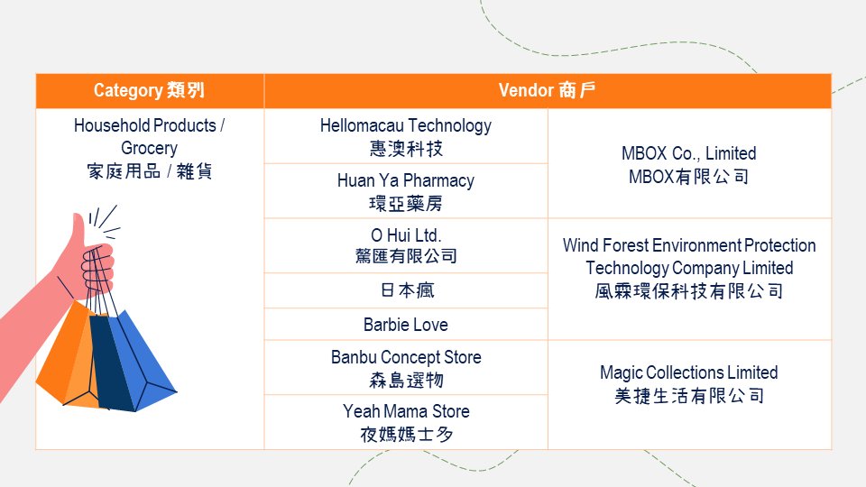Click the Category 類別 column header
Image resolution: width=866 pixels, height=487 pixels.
(x=150, y=90)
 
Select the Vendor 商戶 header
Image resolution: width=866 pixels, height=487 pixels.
(x=548, y=90)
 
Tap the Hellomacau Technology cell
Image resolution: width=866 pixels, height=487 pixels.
(x=406, y=136)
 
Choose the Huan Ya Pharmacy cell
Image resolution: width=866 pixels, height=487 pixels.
(x=406, y=191)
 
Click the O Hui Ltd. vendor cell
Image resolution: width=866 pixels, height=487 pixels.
(x=406, y=245)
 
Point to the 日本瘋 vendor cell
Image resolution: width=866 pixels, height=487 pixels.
(x=406, y=290)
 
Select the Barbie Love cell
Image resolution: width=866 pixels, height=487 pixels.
(x=406, y=324)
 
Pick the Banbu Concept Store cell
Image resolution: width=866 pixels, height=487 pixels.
(x=406, y=368)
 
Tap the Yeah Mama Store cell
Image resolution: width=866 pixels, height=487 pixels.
(x=406, y=422)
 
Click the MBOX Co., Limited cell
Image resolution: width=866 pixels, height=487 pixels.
(x=689, y=163)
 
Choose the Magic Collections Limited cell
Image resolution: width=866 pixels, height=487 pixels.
(x=689, y=395)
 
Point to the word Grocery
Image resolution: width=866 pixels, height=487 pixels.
(x=149, y=149)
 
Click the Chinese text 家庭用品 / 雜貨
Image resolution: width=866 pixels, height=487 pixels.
(x=149, y=171)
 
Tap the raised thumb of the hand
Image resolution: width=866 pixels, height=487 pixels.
(x=78, y=228)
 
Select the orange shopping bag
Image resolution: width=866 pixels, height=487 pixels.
(x=69, y=356)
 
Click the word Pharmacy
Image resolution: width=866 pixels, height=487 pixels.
(x=438, y=181)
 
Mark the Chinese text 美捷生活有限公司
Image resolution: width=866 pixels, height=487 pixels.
(x=689, y=396)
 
